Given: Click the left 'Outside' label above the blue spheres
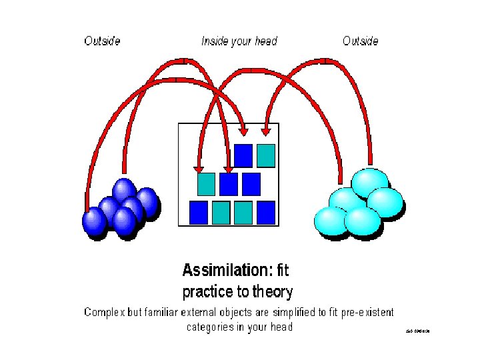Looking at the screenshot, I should (x=102, y=41).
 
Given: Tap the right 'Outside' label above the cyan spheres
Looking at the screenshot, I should (x=360, y=41).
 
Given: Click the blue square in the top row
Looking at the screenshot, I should (x=243, y=155).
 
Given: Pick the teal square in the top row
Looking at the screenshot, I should (x=266, y=155).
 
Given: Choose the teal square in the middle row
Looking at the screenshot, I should (x=207, y=183).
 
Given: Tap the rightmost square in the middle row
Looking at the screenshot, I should (x=251, y=183).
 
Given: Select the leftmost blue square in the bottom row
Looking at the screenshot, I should (x=199, y=212).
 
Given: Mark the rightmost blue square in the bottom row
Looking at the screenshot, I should (x=266, y=212).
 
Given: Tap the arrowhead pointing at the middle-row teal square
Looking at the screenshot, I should (x=198, y=169).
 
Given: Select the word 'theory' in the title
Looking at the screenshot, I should (x=271, y=292).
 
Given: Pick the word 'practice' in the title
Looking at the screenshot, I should (x=207, y=292).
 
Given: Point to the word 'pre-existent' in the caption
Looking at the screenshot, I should (x=366, y=312).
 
